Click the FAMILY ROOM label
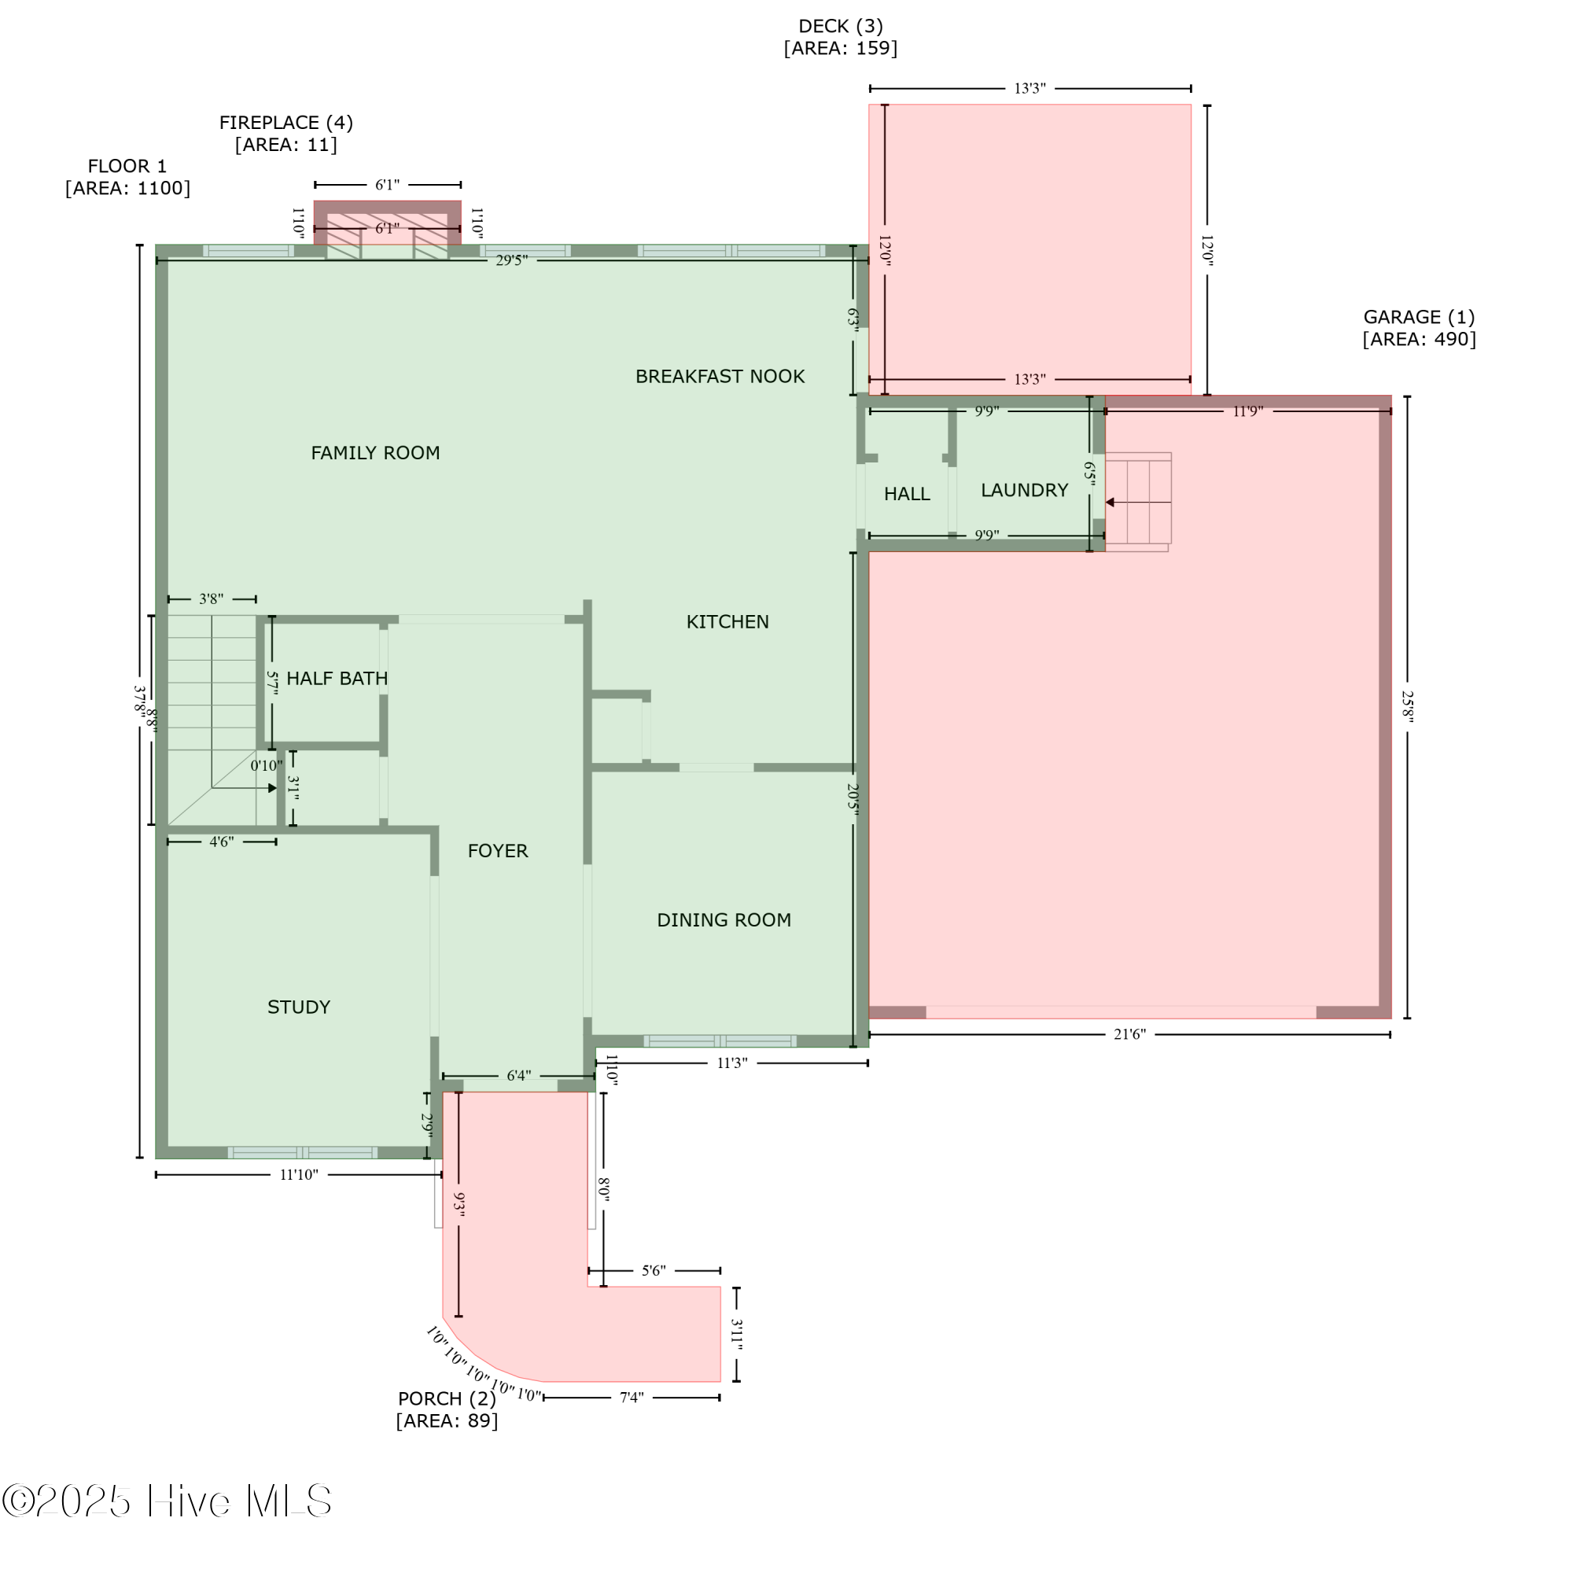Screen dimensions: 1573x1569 click(x=375, y=453)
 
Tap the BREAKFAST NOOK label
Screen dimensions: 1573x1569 click(x=720, y=376)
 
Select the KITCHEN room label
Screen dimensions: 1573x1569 click(x=727, y=621)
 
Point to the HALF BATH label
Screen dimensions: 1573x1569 click(x=337, y=678)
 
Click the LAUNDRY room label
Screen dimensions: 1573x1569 click(x=1023, y=490)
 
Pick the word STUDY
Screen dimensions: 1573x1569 click(x=299, y=1008)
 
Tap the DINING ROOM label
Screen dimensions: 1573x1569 click(x=724, y=920)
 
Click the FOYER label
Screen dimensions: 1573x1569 click(x=498, y=851)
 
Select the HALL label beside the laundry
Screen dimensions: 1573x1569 click(x=906, y=494)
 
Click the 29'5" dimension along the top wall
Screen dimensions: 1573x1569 click(x=511, y=260)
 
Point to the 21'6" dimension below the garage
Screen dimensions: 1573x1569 click(x=1129, y=1035)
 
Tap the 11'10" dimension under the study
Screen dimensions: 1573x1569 click(x=299, y=1175)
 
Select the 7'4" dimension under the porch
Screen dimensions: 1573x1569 click(x=631, y=1398)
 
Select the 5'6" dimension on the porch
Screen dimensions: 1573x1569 click(x=653, y=1271)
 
